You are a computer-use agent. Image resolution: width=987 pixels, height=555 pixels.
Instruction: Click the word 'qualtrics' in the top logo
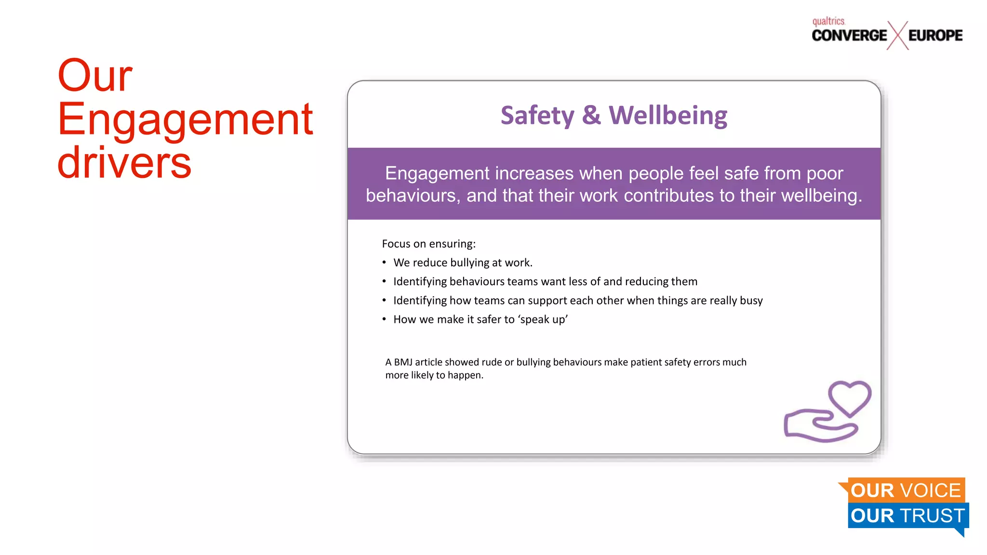[828, 21]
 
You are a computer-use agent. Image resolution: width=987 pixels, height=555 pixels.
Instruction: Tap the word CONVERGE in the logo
[849, 36]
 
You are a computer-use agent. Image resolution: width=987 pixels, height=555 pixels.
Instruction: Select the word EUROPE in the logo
[935, 36]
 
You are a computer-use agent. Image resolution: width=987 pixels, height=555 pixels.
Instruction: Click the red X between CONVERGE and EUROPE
[897, 35]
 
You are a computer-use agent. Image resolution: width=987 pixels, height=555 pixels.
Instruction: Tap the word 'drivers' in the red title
[124, 162]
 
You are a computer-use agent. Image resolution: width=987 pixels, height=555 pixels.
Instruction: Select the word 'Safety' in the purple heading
[537, 116]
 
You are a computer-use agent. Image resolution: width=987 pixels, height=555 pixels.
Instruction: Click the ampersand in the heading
[591, 116]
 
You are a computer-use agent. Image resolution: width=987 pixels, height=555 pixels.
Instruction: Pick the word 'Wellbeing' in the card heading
[668, 116]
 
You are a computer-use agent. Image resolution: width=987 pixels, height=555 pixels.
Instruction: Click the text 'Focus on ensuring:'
[428, 244]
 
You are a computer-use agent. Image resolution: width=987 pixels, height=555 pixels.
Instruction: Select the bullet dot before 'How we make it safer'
[384, 319]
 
